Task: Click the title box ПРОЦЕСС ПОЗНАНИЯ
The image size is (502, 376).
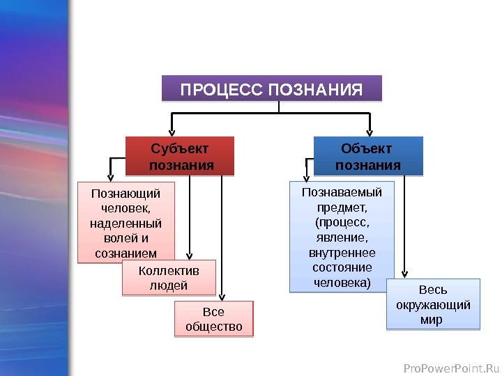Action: tap(272, 89)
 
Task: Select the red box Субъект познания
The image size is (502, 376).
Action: tap(180, 156)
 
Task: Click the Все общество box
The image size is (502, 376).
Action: tap(213, 318)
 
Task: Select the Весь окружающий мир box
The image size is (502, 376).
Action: tap(433, 304)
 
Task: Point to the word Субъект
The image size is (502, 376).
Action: tap(180, 148)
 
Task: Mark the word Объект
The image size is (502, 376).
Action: tap(367, 148)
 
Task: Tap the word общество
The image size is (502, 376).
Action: tap(213, 326)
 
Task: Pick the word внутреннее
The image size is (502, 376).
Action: tap(342, 253)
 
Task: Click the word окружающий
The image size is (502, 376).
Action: tap(433, 305)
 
